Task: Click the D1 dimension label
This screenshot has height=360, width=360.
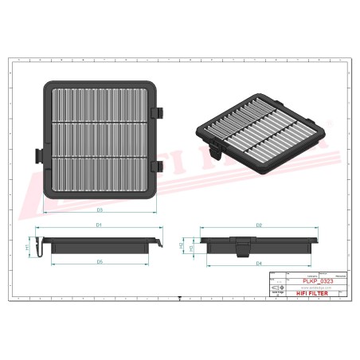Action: (x=100, y=226)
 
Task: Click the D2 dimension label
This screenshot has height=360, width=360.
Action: (x=260, y=226)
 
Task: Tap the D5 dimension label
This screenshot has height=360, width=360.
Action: (x=100, y=261)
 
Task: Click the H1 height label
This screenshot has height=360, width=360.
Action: (x=28, y=248)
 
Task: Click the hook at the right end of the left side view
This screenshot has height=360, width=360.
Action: (x=162, y=241)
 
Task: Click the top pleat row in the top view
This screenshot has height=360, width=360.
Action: (x=99, y=102)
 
